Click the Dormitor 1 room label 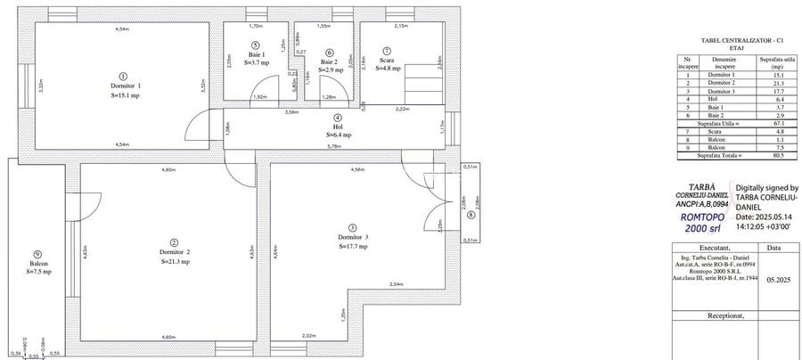tap(123, 86)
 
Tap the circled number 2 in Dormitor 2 tap(174, 242)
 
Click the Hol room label tap(337, 127)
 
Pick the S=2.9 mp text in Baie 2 tap(330, 70)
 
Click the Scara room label tap(386, 60)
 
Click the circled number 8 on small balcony tap(471, 214)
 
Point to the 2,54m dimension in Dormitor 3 tap(397, 284)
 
